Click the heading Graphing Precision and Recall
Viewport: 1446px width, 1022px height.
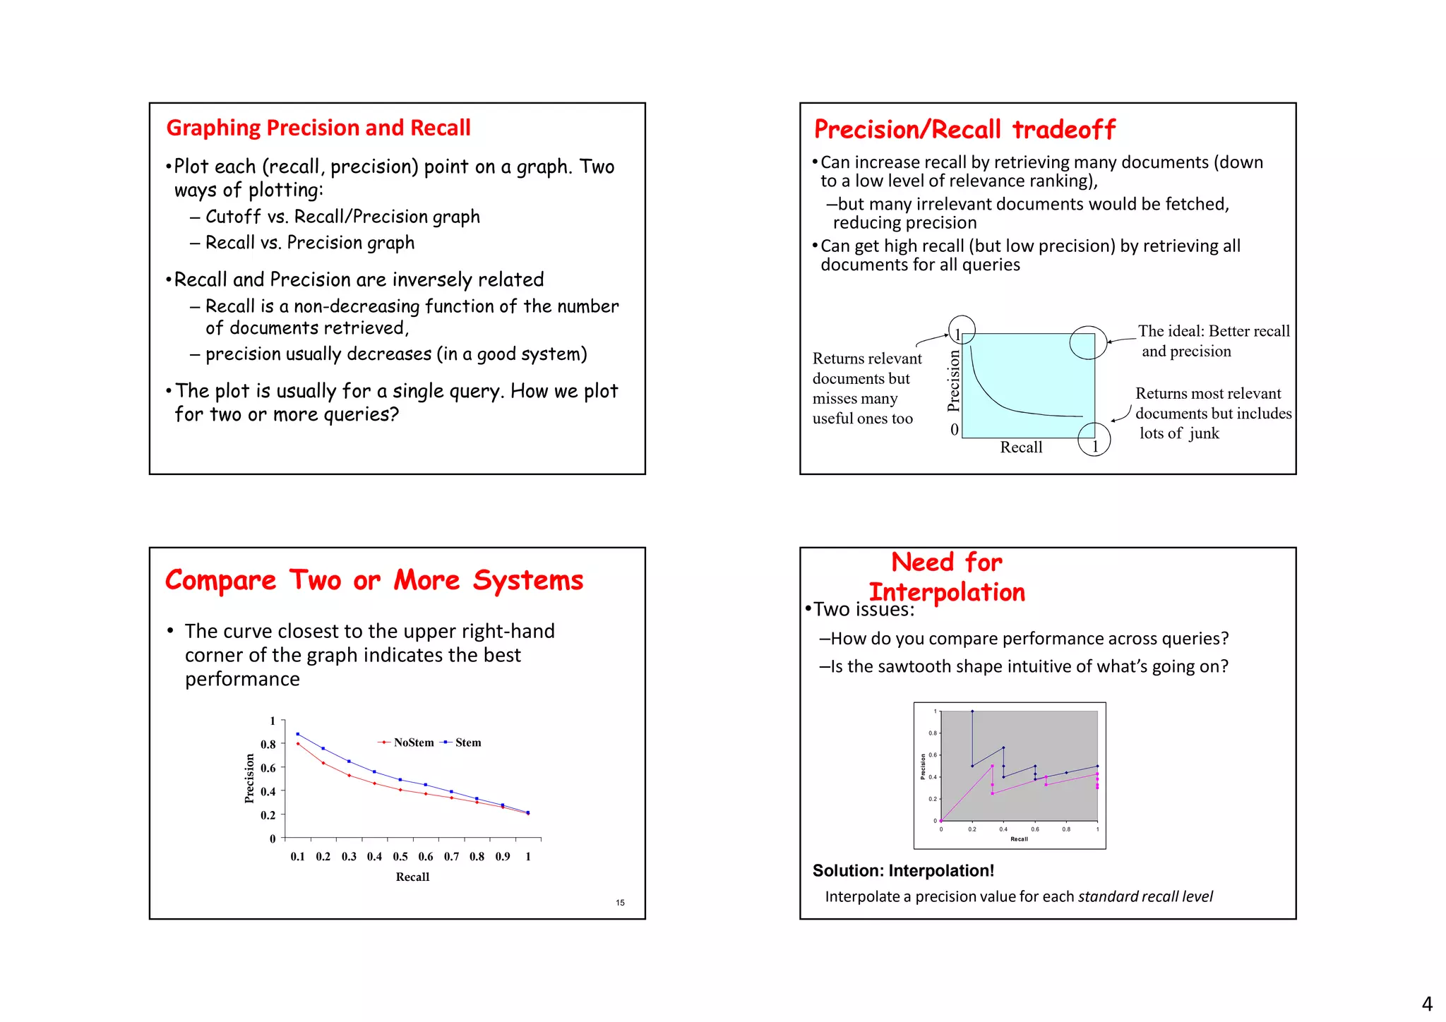click(x=318, y=128)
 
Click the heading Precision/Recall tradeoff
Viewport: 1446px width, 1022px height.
click(x=964, y=130)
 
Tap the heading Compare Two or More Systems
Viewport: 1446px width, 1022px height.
click(x=374, y=580)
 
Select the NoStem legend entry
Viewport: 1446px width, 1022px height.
click(x=407, y=743)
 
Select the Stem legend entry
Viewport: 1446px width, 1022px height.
click(x=462, y=743)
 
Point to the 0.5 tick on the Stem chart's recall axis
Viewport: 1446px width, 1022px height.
click(x=400, y=856)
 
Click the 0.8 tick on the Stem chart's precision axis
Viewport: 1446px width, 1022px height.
click(x=268, y=744)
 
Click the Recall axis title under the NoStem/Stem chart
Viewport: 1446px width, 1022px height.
click(x=412, y=877)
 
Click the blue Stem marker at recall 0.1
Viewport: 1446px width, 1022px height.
click(x=298, y=734)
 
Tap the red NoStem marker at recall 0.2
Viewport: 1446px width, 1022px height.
click(x=323, y=763)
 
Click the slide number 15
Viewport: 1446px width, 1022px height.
click(x=620, y=903)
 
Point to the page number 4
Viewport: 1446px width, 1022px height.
click(x=1427, y=1004)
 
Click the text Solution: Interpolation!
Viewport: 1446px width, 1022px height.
click(x=903, y=870)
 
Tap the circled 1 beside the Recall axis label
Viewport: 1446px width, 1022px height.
click(x=1094, y=445)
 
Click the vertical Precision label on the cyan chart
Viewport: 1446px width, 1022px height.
click(x=954, y=381)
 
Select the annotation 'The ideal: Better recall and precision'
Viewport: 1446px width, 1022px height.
click(x=1213, y=341)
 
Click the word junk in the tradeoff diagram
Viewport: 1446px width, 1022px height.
click(x=1205, y=433)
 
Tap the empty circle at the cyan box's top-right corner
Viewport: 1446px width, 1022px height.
click(x=1088, y=342)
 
